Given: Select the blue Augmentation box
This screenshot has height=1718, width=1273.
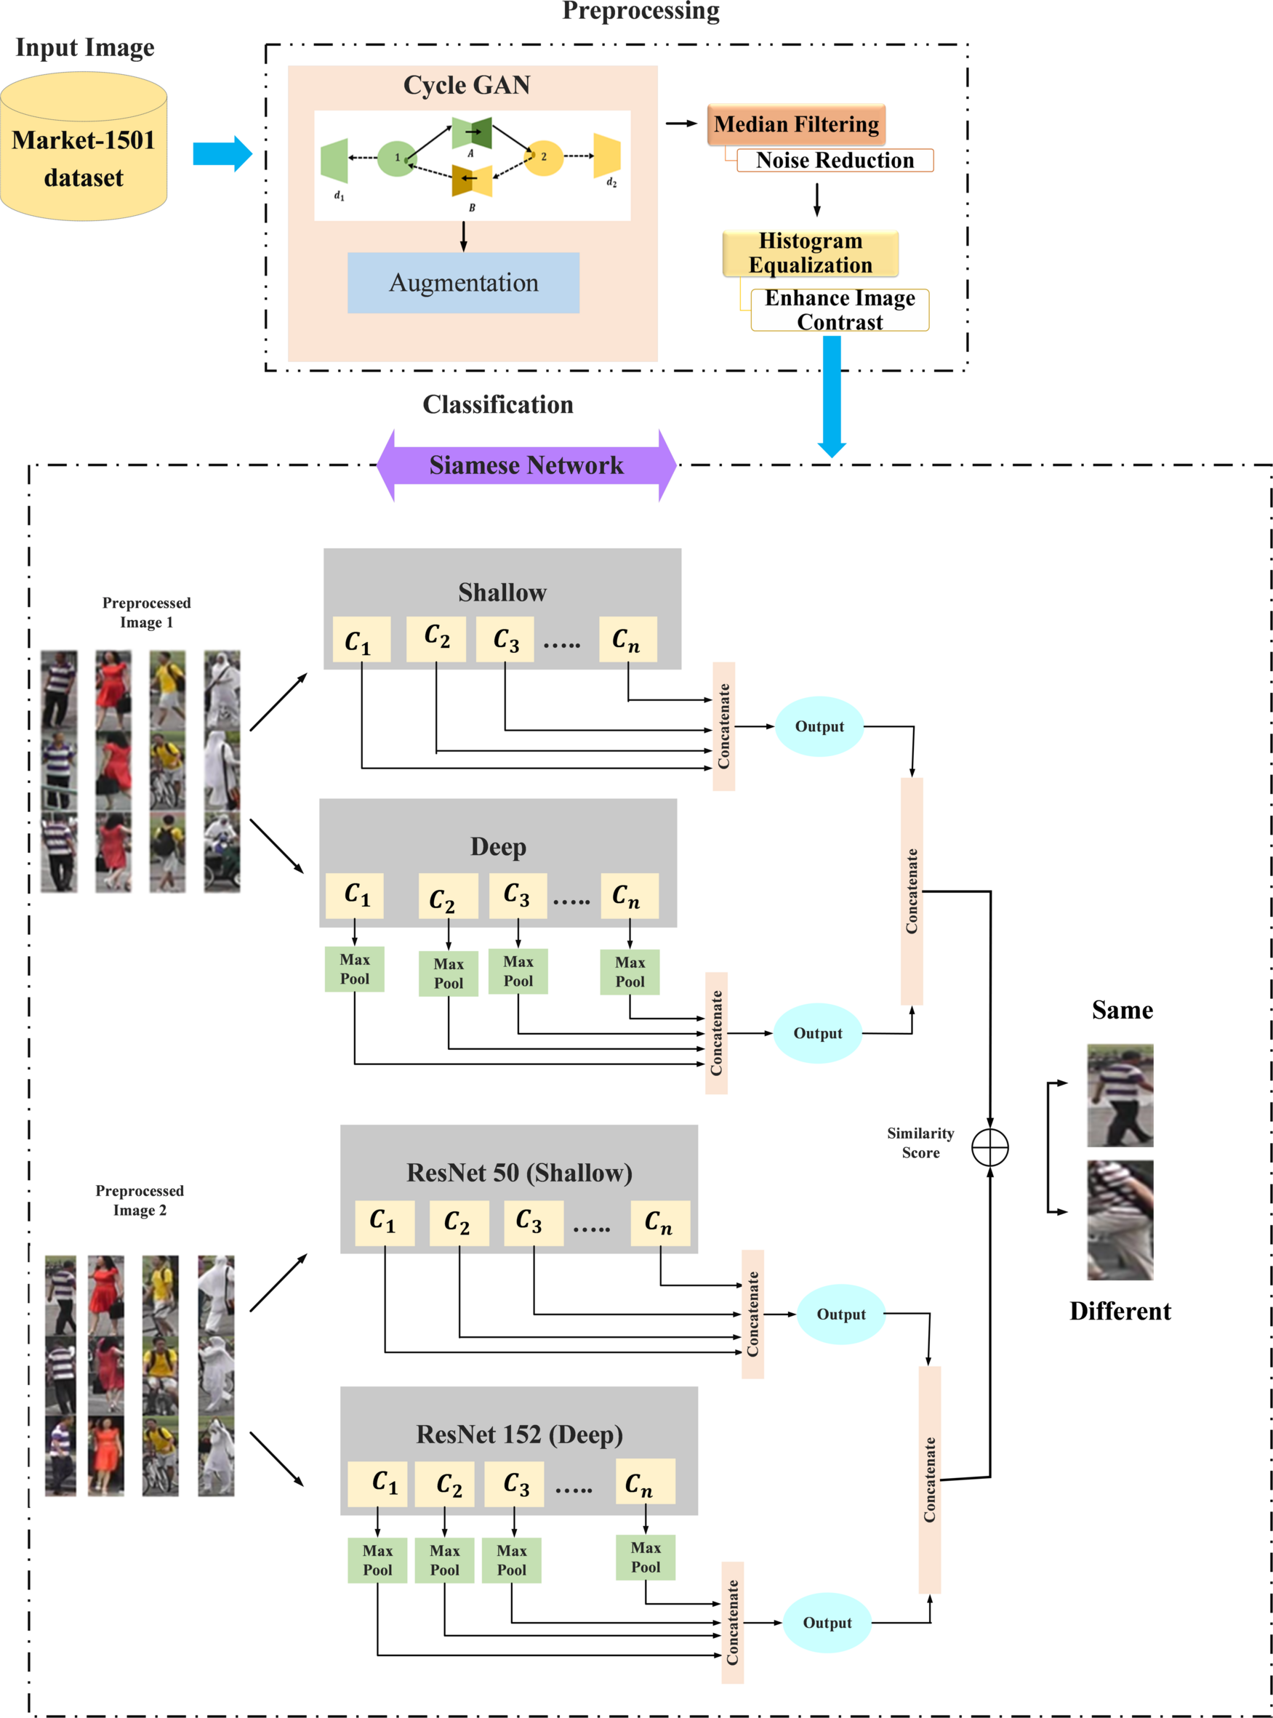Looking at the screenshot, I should click(x=463, y=283).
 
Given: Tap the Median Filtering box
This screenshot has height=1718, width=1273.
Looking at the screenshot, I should click(x=796, y=125).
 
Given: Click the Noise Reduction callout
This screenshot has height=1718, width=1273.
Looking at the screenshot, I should click(x=835, y=160).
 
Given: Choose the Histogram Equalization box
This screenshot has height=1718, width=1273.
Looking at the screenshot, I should click(x=810, y=254).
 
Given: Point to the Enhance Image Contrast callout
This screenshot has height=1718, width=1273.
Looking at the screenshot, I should click(x=839, y=310).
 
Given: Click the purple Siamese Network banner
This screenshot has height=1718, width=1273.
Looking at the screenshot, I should click(x=526, y=465).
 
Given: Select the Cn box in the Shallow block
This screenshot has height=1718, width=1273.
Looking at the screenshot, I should click(x=627, y=640).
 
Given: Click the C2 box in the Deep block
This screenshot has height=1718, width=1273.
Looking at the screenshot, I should click(x=448, y=896).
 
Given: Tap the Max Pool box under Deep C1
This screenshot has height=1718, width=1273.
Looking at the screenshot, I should click(x=355, y=969).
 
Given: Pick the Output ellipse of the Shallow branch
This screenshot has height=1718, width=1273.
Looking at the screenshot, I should click(x=819, y=726).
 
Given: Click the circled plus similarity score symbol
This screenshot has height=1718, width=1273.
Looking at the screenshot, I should click(x=989, y=1148).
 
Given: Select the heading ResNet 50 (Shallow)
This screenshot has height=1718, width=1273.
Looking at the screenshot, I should click(x=519, y=1173).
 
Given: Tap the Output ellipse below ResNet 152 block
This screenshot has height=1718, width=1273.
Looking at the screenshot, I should click(x=827, y=1623).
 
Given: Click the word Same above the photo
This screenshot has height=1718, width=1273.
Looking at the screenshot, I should click(x=1122, y=1010).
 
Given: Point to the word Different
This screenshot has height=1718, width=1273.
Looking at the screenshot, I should click(x=1120, y=1312).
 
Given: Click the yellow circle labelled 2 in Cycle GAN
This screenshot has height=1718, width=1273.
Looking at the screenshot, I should click(x=543, y=157).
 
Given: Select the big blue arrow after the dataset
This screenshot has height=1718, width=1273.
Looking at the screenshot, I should click(x=222, y=154).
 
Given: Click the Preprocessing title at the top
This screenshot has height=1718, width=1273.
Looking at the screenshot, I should click(x=640, y=11).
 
